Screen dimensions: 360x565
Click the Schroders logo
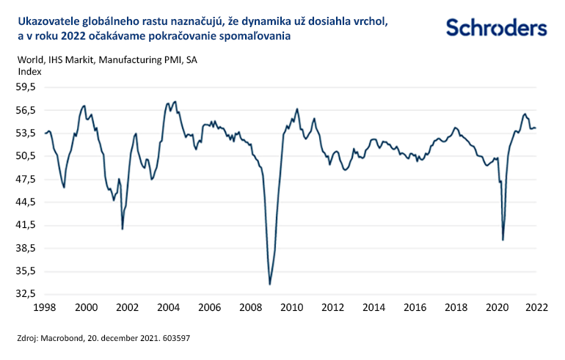tap(496, 29)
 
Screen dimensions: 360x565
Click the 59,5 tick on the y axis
tap(26, 87)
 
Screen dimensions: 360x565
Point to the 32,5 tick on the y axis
tap(26, 294)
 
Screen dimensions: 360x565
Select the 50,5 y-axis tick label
tap(26, 156)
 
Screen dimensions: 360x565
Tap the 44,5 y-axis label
tap(26, 202)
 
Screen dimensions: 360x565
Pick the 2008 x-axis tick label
tap(250, 308)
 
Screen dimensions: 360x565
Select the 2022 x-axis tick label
tap(536, 308)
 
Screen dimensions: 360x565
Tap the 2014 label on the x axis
tap(373, 308)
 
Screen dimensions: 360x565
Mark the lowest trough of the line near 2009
tap(270, 284)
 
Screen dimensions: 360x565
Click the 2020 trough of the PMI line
tap(503, 240)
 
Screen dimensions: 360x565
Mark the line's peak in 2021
tap(524, 114)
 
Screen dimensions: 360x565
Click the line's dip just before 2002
tap(123, 229)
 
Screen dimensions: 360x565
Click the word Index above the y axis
tap(29, 72)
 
